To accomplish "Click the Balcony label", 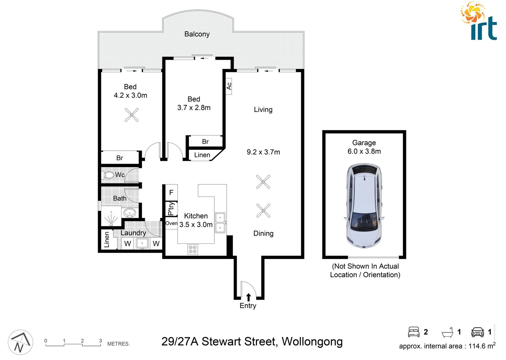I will coord(197,34).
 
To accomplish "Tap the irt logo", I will coord(480,22).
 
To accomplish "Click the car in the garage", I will coord(364,206).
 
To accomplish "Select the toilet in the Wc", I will coord(109,175).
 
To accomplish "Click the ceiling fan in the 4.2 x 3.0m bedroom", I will coord(132,115).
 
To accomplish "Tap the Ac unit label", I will coord(229,86).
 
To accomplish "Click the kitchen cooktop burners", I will coord(193,249).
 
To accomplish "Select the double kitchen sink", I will coord(220,222).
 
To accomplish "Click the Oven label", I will coord(171,223).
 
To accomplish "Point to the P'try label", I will coord(171,209).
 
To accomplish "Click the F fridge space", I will coord(171,193).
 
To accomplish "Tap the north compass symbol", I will coord(20,342).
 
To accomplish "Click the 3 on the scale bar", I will coord(100,341).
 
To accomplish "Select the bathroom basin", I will coord(129,212).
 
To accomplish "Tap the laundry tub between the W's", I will coord(142,243).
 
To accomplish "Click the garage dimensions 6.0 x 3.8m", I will coord(364,151).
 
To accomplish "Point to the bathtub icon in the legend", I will coord(447,332).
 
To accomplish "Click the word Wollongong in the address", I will coord(312,342).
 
